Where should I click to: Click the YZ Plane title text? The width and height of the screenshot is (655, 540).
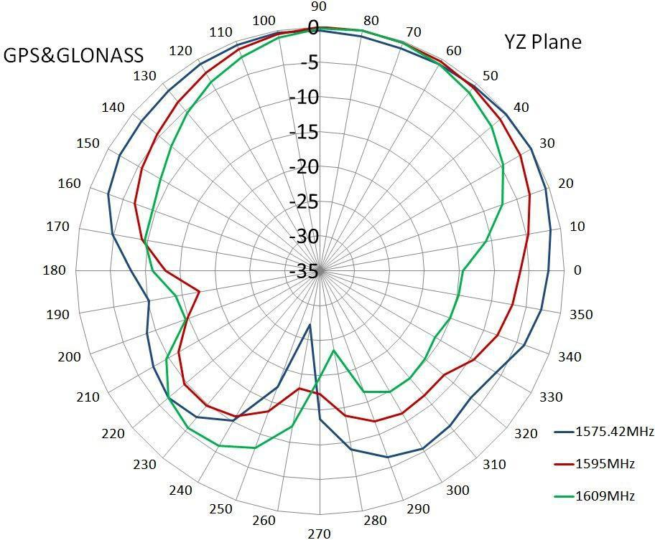point(542,42)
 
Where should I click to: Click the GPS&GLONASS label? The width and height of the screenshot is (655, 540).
point(73,55)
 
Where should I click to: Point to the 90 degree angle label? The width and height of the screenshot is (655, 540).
point(319,6)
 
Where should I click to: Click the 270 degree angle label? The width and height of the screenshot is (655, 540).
point(319,533)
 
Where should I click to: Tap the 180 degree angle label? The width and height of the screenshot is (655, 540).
point(54,270)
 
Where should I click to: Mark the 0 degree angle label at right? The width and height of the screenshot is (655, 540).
point(577,270)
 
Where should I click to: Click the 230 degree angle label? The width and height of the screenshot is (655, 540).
point(144,465)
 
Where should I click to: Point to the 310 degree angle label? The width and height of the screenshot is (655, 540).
point(494,465)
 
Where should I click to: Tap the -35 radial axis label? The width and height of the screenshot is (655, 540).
point(303,271)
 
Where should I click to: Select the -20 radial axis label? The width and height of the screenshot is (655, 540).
point(303,166)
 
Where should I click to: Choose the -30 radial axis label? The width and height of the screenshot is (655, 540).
point(303,236)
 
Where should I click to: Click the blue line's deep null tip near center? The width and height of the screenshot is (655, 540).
point(310,325)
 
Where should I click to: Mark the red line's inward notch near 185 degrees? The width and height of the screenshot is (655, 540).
point(199,290)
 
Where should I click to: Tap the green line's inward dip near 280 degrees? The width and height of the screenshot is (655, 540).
point(333,351)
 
